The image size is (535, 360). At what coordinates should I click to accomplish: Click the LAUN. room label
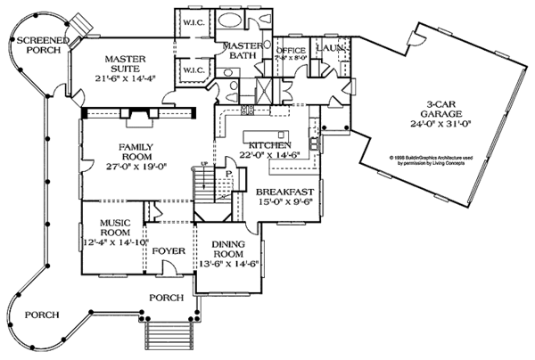[331, 46]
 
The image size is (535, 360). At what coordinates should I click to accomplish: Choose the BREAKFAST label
[285, 192]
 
